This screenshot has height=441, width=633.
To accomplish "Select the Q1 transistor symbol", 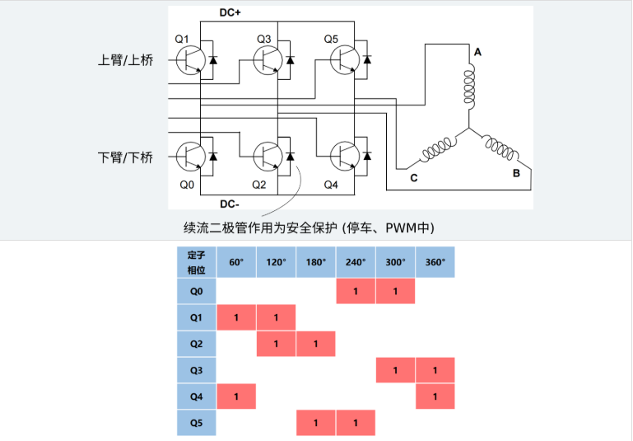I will click(190, 59).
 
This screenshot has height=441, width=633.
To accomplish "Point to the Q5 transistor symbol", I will click(343, 59).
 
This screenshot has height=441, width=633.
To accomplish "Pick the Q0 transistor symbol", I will click(190, 155).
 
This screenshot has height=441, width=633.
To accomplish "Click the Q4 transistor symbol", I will click(343, 155).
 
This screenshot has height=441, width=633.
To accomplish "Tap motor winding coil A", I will click(469, 83).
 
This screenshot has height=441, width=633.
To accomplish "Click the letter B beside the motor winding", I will click(516, 173).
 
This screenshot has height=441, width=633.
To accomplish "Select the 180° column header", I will click(316, 263).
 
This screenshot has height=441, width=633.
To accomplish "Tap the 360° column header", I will click(435, 263).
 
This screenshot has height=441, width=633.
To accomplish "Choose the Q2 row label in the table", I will click(197, 344).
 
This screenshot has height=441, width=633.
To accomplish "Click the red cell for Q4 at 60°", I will click(236, 397).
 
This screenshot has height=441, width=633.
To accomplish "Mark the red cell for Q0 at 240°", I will click(356, 291).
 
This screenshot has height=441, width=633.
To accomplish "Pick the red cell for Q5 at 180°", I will click(316, 424).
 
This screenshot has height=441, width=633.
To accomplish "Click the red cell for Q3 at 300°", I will click(395, 371).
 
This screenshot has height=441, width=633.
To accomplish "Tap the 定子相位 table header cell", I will click(197, 263).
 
